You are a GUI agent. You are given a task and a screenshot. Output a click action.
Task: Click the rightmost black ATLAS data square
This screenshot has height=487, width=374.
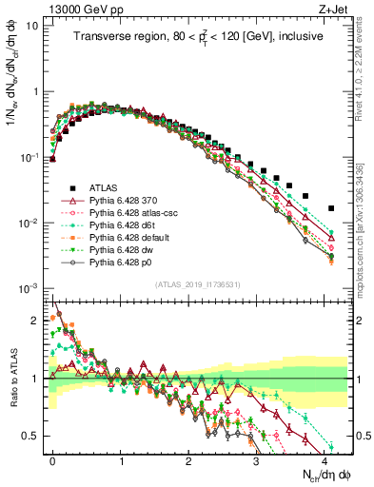point(331,207)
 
